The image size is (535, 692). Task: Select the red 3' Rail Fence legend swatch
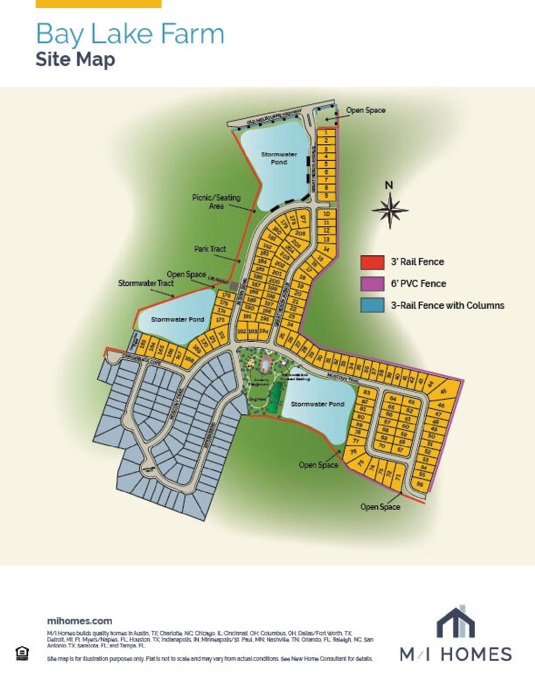pyautogui.click(x=372, y=262)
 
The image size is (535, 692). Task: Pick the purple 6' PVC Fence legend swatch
pyautogui.click(x=372, y=283)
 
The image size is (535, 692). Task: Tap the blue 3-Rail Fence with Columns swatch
pyautogui.click(x=372, y=305)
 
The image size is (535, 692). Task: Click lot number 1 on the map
pyautogui.click(x=326, y=133)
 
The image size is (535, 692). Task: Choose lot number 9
pyautogui.click(x=326, y=196)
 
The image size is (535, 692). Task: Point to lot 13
pyautogui.click(x=326, y=239)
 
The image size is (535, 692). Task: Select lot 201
pyautogui.click(x=277, y=273)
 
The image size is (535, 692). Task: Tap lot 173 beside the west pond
pyautogui.click(x=220, y=320)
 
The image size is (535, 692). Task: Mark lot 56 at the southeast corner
pyautogui.click(x=419, y=484)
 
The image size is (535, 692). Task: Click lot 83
pyautogui.click(x=367, y=393)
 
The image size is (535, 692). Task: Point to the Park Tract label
pyautogui.click(x=210, y=249)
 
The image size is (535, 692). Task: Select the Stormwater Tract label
pyautogui.click(x=146, y=283)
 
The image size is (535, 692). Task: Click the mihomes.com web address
pyautogui.click(x=79, y=621)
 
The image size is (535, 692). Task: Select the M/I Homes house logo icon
pyautogui.click(x=455, y=622)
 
